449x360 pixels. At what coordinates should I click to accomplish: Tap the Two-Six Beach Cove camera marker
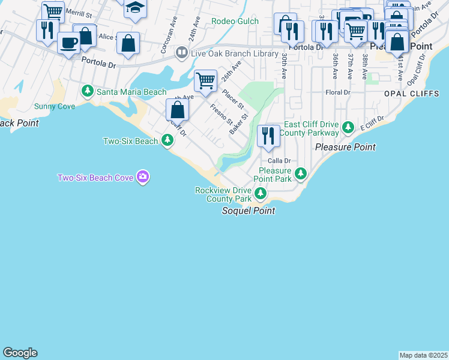143,177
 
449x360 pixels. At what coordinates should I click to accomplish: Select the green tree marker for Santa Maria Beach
88,92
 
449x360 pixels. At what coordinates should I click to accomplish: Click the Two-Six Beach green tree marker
167,141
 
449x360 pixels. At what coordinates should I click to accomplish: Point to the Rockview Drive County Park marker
261,193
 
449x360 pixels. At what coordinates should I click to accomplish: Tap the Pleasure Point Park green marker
301,174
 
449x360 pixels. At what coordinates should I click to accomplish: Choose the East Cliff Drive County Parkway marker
348,127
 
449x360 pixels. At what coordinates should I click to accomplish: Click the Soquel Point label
249,211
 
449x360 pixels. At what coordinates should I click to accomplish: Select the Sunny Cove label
55,106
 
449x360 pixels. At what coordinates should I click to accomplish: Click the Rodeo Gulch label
235,22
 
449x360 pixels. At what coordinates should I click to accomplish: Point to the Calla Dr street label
279,161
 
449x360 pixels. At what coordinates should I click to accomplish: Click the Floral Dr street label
337,92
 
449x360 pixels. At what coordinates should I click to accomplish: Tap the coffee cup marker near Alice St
69,43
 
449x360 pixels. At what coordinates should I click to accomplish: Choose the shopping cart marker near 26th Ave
206,80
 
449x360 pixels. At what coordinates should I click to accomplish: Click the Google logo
20,353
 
